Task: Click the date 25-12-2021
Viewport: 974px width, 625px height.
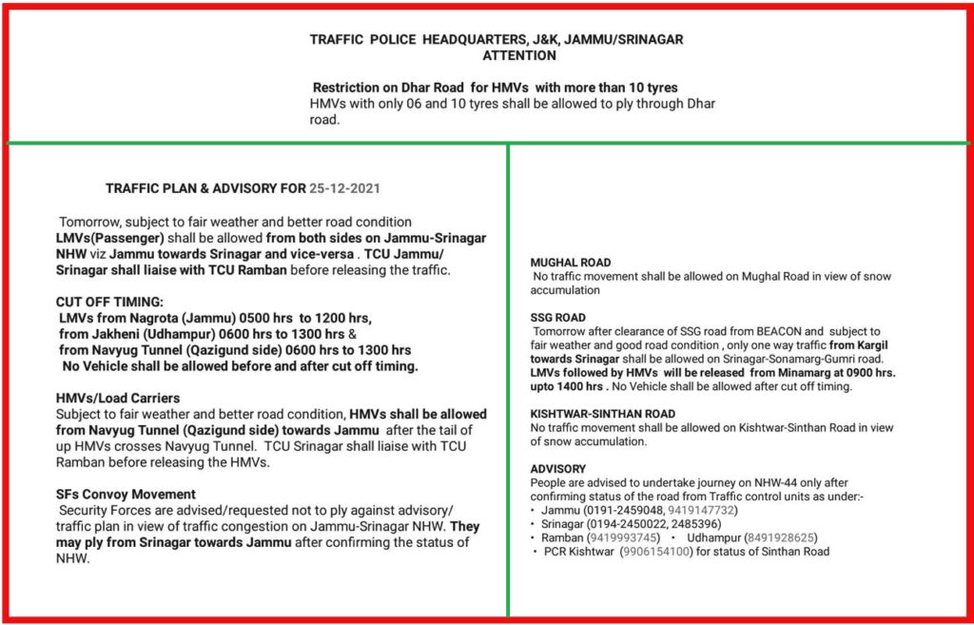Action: pyautogui.click(x=348, y=187)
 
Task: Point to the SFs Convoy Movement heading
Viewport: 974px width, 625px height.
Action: pyautogui.click(x=126, y=494)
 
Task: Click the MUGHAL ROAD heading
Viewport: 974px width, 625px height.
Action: pyautogui.click(x=571, y=263)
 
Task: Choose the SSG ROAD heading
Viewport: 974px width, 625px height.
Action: pyautogui.click(x=557, y=318)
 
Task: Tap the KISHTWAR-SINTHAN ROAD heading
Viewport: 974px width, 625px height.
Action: pyautogui.click(x=603, y=414)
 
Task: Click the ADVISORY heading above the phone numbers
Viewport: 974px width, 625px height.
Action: pyautogui.click(x=558, y=469)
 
